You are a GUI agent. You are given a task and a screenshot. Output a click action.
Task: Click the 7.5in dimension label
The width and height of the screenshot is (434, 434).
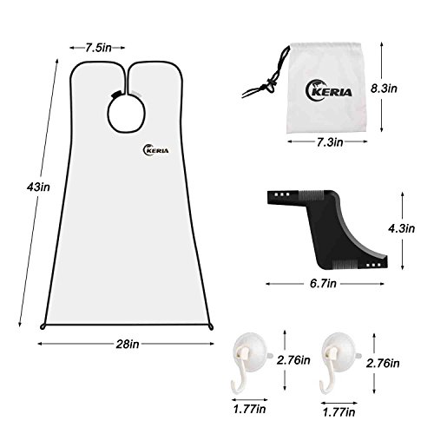98,48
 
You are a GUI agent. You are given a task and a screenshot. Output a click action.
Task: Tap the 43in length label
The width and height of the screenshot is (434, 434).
38,187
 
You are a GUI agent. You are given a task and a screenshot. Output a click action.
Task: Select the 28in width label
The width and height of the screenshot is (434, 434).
128,345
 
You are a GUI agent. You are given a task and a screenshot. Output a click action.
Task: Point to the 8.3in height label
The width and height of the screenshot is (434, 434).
384,89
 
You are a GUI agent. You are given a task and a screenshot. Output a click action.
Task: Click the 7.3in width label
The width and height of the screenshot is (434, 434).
330,142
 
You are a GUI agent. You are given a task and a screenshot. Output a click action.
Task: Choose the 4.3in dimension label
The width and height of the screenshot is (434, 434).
402,228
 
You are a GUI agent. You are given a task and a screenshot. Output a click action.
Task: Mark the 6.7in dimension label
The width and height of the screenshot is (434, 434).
323,284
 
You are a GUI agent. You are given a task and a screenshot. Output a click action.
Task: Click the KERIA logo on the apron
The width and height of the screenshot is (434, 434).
155,150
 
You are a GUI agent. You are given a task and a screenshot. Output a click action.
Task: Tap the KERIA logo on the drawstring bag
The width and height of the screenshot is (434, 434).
328,89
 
